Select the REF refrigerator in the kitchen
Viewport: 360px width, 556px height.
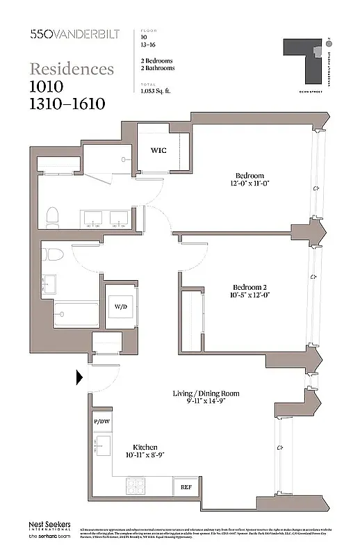(186, 487)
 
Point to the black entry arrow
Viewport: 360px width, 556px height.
(79, 377)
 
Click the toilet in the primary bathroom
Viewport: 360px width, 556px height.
(51, 218)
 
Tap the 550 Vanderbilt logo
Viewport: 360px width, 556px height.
(68, 33)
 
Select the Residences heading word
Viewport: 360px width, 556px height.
(72, 69)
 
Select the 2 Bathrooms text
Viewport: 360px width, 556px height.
(158, 68)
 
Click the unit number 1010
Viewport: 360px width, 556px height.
(47, 86)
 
